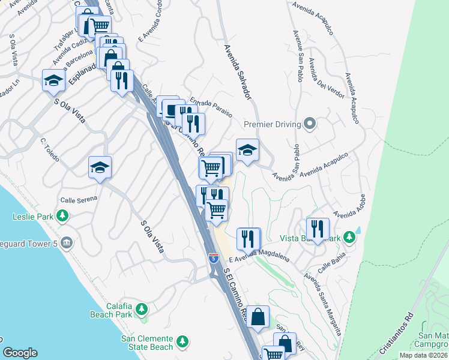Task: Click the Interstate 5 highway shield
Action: (x=213, y=257)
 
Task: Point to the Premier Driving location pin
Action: (x=310, y=124)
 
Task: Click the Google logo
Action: (x=20, y=353)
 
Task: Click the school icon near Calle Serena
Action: (x=100, y=167)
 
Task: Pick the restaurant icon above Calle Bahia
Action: (x=318, y=229)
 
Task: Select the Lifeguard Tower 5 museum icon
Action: (x=66, y=243)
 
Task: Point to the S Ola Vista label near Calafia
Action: (x=152, y=236)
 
